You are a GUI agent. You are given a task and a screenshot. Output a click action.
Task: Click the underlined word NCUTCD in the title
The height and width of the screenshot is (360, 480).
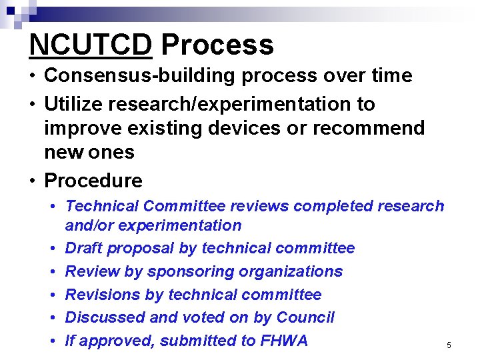tap(91, 45)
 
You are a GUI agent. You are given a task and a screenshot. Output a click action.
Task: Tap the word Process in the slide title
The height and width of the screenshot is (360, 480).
tap(217, 45)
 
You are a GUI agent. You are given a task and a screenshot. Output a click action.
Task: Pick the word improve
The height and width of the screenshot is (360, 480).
tap(82, 128)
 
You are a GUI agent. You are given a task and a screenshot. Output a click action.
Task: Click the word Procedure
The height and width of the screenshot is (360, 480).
tap(93, 181)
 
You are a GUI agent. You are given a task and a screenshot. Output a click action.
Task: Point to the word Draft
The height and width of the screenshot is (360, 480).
tap(85, 249)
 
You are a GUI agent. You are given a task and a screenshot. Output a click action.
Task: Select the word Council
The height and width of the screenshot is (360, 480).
tap(305, 317)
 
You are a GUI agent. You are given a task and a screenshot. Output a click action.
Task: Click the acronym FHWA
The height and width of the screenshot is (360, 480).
tap(284, 341)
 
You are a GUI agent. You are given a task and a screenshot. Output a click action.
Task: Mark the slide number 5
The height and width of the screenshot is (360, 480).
tap(449, 345)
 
